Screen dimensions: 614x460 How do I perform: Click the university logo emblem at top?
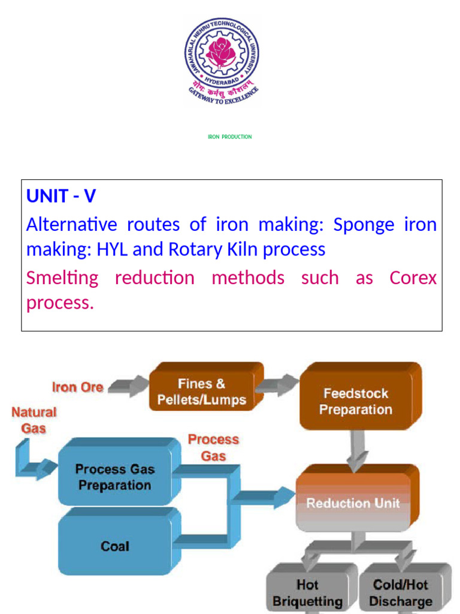pyautogui.click(x=221, y=60)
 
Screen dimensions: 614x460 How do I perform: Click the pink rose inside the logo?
pyautogui.click(x=220, y=53)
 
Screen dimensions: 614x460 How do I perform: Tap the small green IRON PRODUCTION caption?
pyautogui.click(x=229, y=137)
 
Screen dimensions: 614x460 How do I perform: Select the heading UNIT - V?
pyautogui.click(x=61, y=196)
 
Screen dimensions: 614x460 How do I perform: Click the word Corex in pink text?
pyautogui.click(x=413, y=278)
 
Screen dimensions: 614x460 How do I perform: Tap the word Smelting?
pyautogui.click(x=62, y=278)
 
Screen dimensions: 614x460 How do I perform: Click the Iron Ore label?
pyautogui.click(x=77, y=387)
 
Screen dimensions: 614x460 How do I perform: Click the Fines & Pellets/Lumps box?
pyautogui.click(x=202, y=392)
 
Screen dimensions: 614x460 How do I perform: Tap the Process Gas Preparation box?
pyautogui.click(x=115, y=477)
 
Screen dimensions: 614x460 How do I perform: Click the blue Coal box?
pyautogui.click(x=115, y=546)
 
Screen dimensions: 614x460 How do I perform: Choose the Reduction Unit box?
pyautogui.click(x=353, y=502)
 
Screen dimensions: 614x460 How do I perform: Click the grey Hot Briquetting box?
pyautogui.click(x=307, y=592)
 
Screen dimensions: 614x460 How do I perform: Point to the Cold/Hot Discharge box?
pyautogui.click(x=401, y=592)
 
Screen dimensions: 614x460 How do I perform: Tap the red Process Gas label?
pyautogui.click(x=213, y=447)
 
